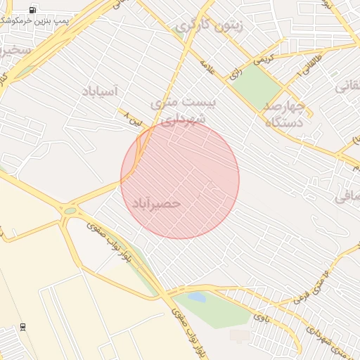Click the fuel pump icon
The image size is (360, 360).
coord(33,10)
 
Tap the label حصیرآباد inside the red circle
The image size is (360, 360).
coord(156,203)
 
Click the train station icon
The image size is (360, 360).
coord(23,327)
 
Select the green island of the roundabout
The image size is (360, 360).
coord(70,210)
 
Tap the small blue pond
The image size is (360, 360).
coord(198,297)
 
